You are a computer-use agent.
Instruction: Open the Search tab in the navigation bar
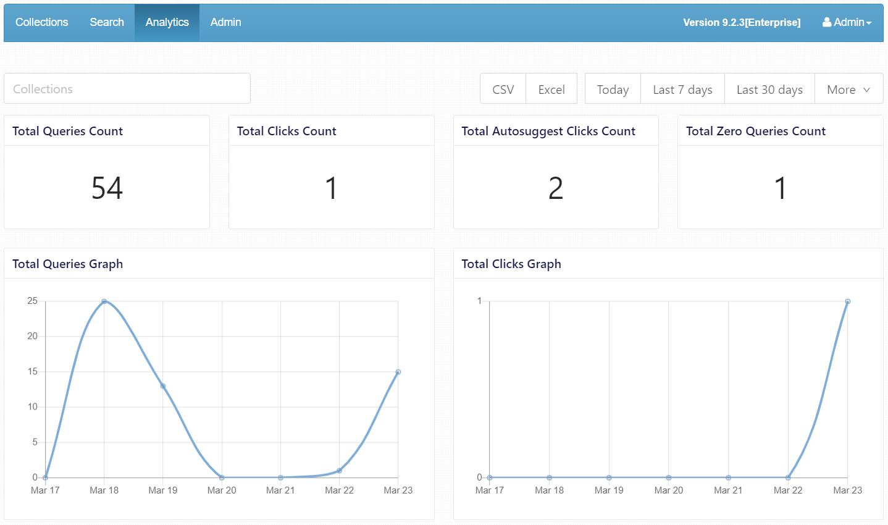107,22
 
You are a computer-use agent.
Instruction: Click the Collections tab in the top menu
42,22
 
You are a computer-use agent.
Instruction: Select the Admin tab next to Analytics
225,22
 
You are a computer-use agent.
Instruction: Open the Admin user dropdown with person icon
847,22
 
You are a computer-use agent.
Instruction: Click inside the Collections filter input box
127,88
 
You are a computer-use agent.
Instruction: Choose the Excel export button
551,90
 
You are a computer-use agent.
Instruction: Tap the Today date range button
613,90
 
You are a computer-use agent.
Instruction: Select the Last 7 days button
682,90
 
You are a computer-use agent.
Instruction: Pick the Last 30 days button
769,90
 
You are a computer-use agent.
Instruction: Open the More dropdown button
848,90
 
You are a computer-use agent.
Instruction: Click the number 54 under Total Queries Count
107,188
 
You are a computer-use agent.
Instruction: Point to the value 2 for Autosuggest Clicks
556,188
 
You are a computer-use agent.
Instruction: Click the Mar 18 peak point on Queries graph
104,301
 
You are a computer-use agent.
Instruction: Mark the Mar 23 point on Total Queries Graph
398,372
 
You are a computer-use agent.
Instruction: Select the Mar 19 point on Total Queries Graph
163,386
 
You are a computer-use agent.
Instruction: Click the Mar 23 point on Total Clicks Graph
847,301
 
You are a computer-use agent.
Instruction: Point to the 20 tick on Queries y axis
32,336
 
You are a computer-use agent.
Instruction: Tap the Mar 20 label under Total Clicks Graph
669,490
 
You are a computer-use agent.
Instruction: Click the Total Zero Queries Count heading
755,131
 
